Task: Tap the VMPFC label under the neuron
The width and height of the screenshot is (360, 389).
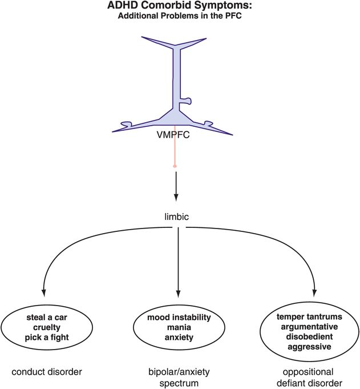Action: pos(175,138)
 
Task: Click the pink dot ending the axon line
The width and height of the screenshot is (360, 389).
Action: pos(175,166)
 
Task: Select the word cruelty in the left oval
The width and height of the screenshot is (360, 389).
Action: pos(55,327)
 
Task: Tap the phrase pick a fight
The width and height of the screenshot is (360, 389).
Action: pos(55,338)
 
